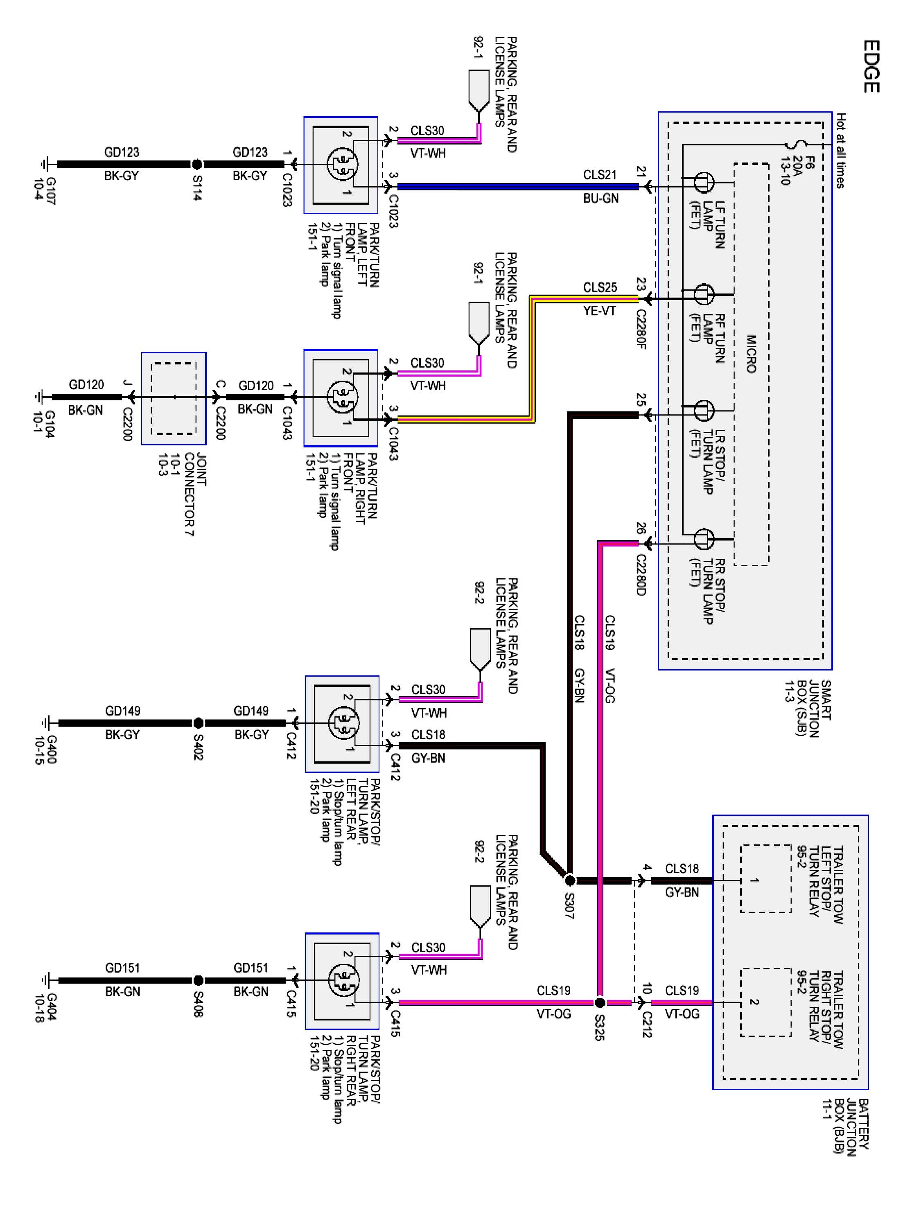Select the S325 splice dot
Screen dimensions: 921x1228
tap(600, 1002)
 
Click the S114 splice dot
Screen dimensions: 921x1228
tap(197, 164)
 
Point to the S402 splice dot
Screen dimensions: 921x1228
tap(198, 723)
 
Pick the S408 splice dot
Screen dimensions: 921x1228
tap(198, 980)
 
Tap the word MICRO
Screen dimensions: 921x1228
tap(751, 354)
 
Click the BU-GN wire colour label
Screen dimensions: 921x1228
tap(600, 198)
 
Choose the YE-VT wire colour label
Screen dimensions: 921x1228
tap(600, 311)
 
